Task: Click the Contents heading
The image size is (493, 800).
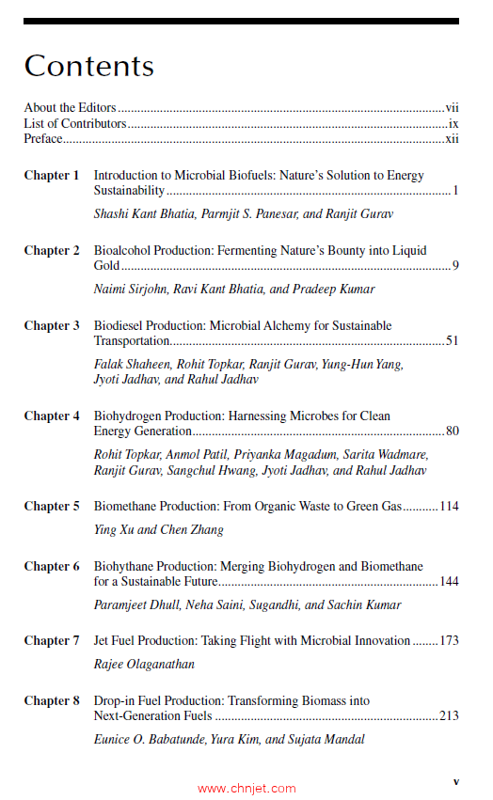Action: coord(88,66)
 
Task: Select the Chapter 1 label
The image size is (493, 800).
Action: coord(52,176)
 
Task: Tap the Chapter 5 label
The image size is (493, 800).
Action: coord(52,507)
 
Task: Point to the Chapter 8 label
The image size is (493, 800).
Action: coord(52,701)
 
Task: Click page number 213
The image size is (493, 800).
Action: coord(449,716)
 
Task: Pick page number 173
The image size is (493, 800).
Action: coord(449,641)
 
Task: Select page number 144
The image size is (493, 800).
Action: coord(449,582)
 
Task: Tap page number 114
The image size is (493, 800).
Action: coord(449,507)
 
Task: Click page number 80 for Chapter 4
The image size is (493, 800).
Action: coord(452,431)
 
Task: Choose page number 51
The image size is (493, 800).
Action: coord(452,341)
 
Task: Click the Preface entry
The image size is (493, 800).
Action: coord(43,139)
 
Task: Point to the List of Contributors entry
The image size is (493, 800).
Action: coord(74,124)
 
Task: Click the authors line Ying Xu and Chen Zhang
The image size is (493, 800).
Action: coord(158,530)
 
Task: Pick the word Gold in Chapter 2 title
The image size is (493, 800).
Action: coord(107,266)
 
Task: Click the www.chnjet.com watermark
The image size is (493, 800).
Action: coord(246,789)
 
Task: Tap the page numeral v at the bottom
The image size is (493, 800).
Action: coord(455,781)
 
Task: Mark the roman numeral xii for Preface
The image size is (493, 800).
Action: coord(452,139)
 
